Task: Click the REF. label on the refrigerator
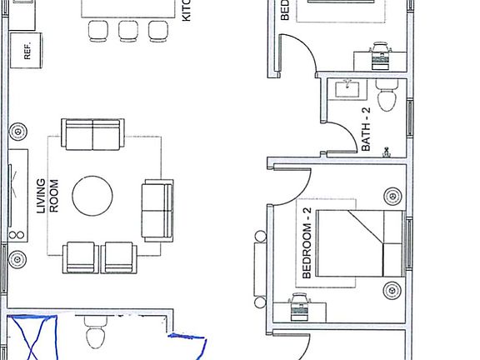point(27,51)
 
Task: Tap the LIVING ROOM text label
point(48,196)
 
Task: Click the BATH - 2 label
point(366,129)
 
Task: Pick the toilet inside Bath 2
point(387,97)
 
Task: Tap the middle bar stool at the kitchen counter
point(127,30)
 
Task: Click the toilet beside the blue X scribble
point(95,337)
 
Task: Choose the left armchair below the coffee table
point(82,257)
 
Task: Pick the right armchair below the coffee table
point(118,257)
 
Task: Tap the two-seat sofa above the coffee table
point(92,134)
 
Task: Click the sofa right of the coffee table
point(157,207)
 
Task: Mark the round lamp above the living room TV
point(18,132)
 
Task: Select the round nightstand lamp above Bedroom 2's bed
point(392,197)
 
